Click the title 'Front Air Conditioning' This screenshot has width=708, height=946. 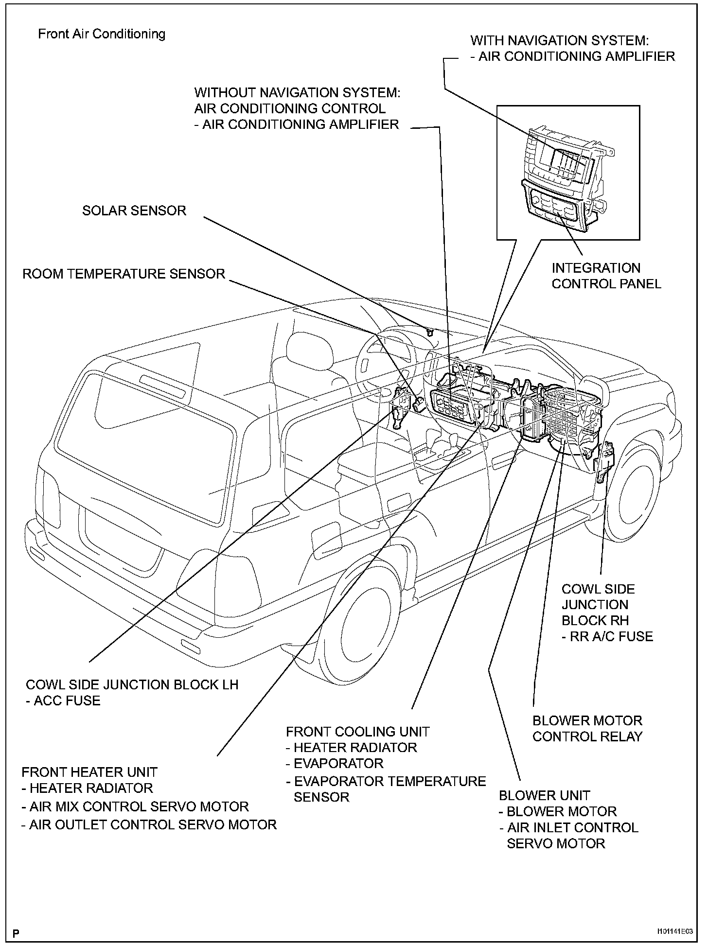click(x=102, y=34)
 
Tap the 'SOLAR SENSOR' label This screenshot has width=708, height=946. click(x=134, y=210)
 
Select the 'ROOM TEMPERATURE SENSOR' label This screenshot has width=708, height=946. click(x=124, y=274)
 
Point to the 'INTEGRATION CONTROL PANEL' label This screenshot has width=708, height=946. click(x=606, y=276)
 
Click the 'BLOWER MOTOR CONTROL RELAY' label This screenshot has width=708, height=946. click(x=587, y=728)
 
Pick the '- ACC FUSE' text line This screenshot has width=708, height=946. click(x=63, y=701)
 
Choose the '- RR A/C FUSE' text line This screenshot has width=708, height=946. click(x=607, y=636)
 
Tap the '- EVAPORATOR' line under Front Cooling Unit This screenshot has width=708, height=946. click(x=335, y=763)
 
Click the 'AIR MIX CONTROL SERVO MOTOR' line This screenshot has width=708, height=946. click(x=135, y=806)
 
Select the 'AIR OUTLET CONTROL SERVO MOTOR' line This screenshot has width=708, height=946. click(x=149, y=824)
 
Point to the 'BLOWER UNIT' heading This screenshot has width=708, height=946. click(x=544, y=796)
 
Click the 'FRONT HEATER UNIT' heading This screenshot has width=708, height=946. click(x=89, y=772)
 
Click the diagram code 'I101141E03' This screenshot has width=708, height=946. click(x=674, y=931)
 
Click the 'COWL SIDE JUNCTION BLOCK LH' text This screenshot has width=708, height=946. click(x=132, y=684)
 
